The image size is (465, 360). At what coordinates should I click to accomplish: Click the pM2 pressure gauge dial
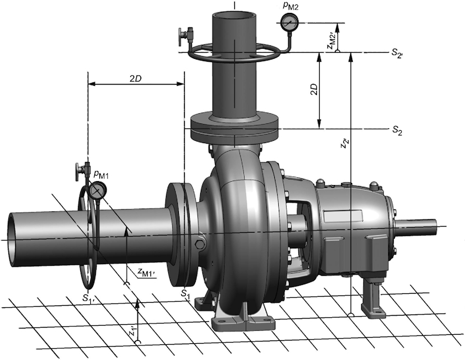pos(288,22)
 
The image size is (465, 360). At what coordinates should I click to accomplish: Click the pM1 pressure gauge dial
pos(96,191)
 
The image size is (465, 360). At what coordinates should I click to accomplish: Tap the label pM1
pos(101,174)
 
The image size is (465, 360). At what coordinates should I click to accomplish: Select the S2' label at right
pos(397,53)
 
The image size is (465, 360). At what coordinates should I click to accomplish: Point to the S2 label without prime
pos(397,130)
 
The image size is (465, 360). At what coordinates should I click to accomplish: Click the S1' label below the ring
pos(89,298)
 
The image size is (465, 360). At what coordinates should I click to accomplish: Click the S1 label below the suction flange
pos(185,294)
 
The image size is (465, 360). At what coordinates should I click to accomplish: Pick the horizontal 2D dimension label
pos(135,79)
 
